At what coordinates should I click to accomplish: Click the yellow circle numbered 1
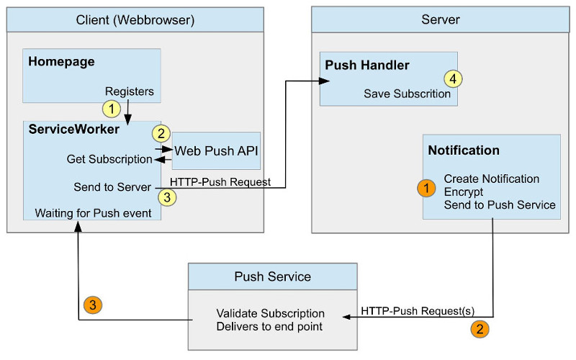pos(112,109)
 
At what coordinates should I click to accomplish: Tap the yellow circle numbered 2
pos(161,133)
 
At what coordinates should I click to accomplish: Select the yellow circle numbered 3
pos(165,195)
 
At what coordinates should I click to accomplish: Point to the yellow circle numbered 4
pos(451,78)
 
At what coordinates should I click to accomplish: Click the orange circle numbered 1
pos(427,188)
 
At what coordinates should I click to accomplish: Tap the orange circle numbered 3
pos(94,304)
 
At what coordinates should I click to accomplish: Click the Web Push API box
pos(216,150)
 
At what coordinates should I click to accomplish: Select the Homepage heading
pos(61,62)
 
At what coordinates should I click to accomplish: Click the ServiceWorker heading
pos(73,130)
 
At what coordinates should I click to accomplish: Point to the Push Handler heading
pos(367,66)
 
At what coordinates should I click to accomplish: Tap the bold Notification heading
pos(464,150)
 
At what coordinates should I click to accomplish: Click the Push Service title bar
pos(272,276)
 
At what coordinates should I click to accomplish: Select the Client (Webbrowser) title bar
pos(135,19)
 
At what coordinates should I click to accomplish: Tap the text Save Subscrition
pos(407,94)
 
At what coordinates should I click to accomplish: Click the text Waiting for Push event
pos(84,213)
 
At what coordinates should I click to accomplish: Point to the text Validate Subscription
pos(271,314)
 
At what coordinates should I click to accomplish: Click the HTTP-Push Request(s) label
pos(418,311)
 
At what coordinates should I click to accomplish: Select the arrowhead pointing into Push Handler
pos(325,81)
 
